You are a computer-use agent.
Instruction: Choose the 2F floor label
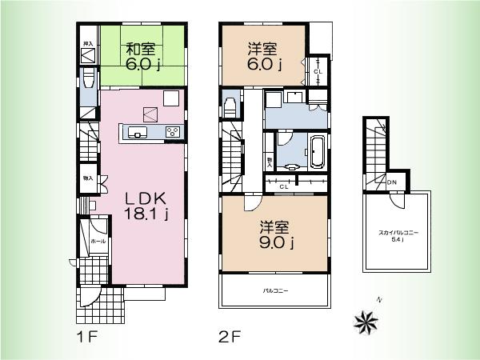pyautogui.click(x=229, y=336)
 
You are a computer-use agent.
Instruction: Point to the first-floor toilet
pyautogui.click(x=87, y=81)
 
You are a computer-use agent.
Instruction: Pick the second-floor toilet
pyautogui.click(x=230, y=107)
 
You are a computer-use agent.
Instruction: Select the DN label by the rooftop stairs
pyautogui.click(x=392, y=183)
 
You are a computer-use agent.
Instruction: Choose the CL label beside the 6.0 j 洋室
pyautogui.click(x=318, y=70)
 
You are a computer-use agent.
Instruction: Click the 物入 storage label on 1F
pyautogui.click(x=87, y=179)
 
